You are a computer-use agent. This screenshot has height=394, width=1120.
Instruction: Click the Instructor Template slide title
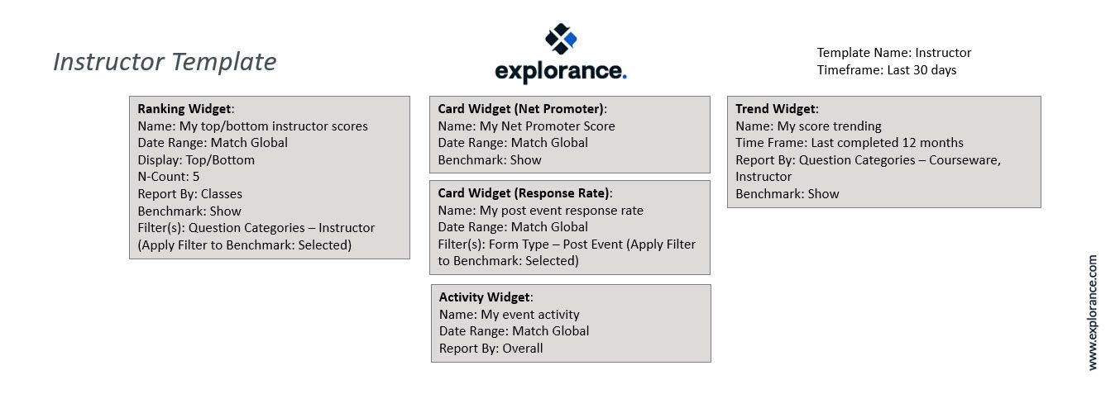tap(165, 62)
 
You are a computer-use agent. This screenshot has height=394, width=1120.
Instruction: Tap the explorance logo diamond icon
tap(560, 39)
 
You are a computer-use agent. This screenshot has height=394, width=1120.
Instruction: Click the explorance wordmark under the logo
tap(560, 71)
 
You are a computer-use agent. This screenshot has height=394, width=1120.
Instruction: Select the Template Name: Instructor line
tap(893, 53)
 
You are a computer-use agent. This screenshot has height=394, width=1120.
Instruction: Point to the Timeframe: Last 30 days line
tap(886, 70)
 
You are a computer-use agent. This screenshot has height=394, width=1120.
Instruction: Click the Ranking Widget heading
tap(185, 109)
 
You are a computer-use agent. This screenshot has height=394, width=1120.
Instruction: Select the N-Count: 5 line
tap(169, 177)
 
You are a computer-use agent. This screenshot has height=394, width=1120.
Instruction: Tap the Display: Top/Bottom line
tap(196, 159)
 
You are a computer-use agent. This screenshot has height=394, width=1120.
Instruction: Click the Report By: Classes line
tap(189, 194)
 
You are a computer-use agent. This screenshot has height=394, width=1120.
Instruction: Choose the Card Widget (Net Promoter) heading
tap(522, 109)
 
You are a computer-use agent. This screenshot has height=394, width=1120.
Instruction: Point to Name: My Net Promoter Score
tap(526, 126)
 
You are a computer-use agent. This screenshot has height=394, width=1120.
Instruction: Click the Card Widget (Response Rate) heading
tap(524, 193)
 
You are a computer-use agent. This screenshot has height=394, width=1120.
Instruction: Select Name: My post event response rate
tap(540, 210)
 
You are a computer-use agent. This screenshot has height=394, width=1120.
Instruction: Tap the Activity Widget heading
tap(486, 297)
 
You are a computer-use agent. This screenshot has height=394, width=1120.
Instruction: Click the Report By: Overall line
tap(491, 348)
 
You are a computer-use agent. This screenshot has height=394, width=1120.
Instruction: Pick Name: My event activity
tap(509, 314)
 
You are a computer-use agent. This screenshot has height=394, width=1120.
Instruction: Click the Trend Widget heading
tap(776, 109)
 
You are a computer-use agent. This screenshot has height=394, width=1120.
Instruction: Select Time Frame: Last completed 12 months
tap(849, 143)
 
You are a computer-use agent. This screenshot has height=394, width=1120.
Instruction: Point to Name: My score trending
tap(808, 126)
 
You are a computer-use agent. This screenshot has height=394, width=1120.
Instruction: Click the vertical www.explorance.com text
tap(1093, 312)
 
